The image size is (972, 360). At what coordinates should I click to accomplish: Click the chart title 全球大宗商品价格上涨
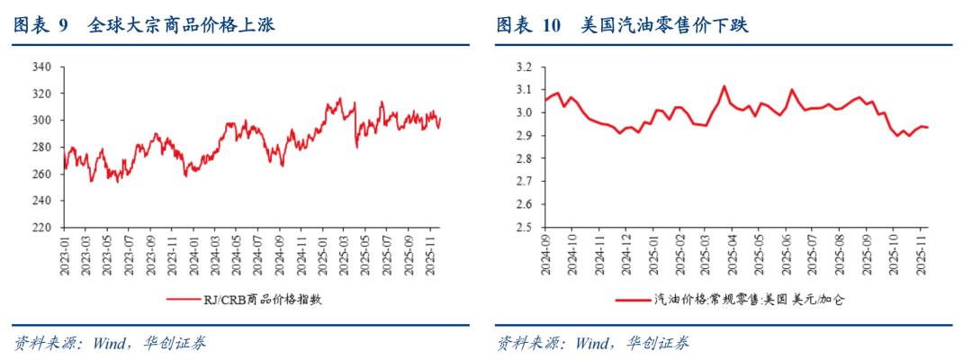[x=181, y=27]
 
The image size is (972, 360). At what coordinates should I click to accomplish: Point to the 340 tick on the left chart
[x=40, y=67]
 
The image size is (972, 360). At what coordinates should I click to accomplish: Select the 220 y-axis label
[x=40, y=228]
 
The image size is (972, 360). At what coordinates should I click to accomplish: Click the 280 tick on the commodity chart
[x=40, y=148]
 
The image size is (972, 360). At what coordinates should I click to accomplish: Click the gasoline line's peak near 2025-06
[x=791, y=89]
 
